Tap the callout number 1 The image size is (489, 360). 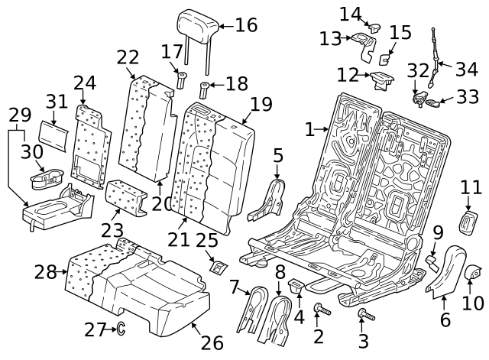click(309, 130)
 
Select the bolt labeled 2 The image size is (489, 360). click(319, 308)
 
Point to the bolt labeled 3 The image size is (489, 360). click(365, 314)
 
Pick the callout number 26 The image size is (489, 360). click(212, 342)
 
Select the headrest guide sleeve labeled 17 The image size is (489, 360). click(183, 79)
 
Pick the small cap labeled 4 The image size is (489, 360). click(296, 287)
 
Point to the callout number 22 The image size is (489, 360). click(128, 57)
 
